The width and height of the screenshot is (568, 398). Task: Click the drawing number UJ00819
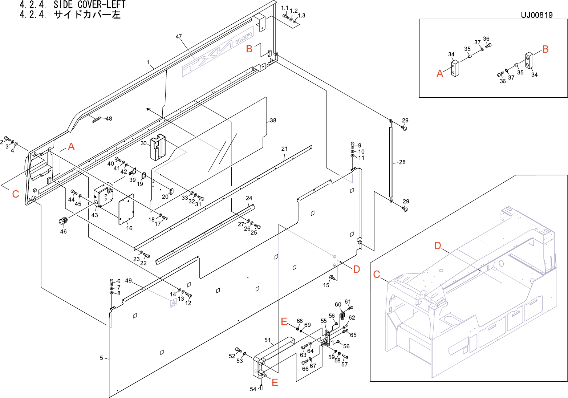pyautogui.click(x=537, y=15)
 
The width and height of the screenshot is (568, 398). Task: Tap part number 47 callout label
pyautogui.click(x=179, y=37)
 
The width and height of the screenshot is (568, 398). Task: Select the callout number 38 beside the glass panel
pyautogui.click(x=273, y=121)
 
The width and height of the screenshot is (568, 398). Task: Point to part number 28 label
pyautogui.click(x=402, y=162)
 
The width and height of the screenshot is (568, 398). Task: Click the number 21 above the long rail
pyautogui.click(x=284, y=149)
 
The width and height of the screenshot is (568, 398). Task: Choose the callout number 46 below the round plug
pyautogui.click(x=63, y=231)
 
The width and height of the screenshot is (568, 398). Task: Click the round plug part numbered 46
pyautogui.click(x=63, y=220)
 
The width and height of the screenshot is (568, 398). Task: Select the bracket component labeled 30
pyautogui.click(x=158, y=147)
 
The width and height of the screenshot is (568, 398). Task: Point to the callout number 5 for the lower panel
pyautogui.click(x=101, y=358)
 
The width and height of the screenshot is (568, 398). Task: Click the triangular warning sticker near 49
pyautogui.click(x=173, y=303)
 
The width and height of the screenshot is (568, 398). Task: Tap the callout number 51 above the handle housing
pyautogui.click(x=268, y=340)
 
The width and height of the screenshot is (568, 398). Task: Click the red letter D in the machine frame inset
pyautogui.click(x=438, y=246)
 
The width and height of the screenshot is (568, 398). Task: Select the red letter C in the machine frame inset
pyautogui.click(x=377, y=274)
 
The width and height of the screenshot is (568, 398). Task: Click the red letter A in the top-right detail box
pyautogui.click(x=440, y=74)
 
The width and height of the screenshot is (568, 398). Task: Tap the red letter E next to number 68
pyautogui.click(x=284, y=321)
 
